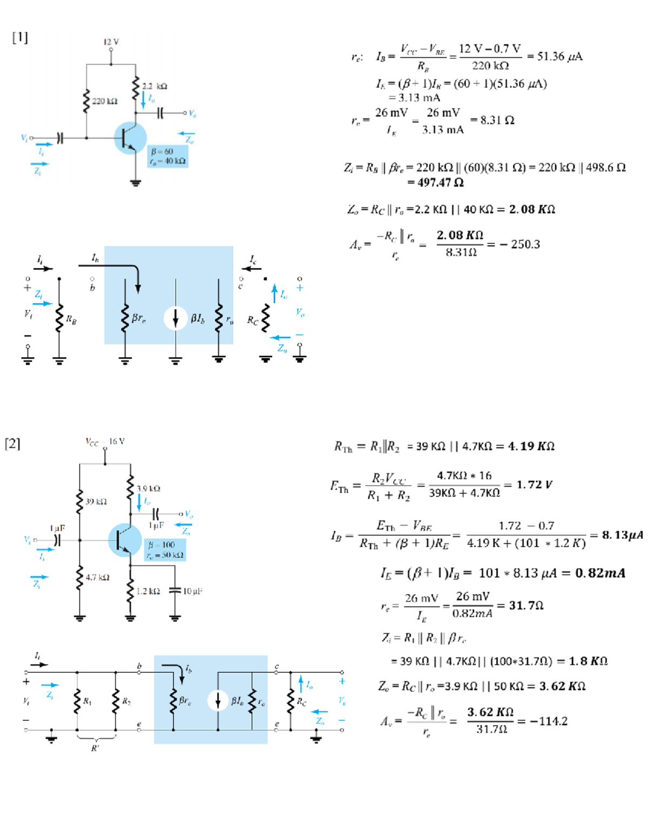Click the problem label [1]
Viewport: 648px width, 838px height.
point(20,37)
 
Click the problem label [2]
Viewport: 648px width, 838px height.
point(12,444)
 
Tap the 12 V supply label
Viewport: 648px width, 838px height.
point(111,42)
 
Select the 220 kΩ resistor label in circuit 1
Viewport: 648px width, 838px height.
point(105,101)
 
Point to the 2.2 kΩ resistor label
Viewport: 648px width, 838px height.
point(154,86)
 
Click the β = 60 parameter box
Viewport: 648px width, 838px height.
point(168,156)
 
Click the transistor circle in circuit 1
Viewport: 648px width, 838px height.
point(130,138)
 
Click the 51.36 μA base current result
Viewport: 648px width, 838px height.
point(559,57)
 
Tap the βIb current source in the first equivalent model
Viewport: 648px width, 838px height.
point(176,318)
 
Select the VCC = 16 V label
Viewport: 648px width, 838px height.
point(105,441)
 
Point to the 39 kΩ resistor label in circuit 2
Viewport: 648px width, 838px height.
point(96,501)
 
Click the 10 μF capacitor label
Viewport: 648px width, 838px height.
point(193,591)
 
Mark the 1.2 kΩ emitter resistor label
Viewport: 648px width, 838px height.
point(148,591)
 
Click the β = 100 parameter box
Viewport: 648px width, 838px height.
point(165,550)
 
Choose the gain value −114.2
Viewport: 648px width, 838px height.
point(549,721)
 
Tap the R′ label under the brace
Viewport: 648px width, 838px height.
point(95,748)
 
